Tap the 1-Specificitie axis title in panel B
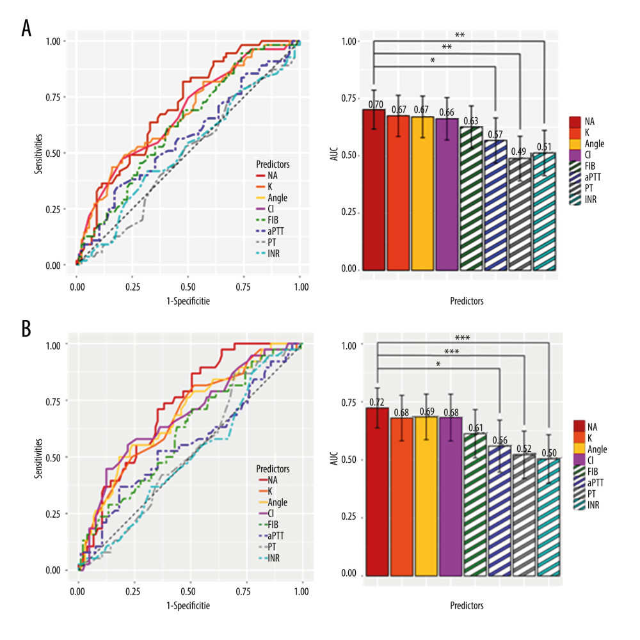tap(188, 604)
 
